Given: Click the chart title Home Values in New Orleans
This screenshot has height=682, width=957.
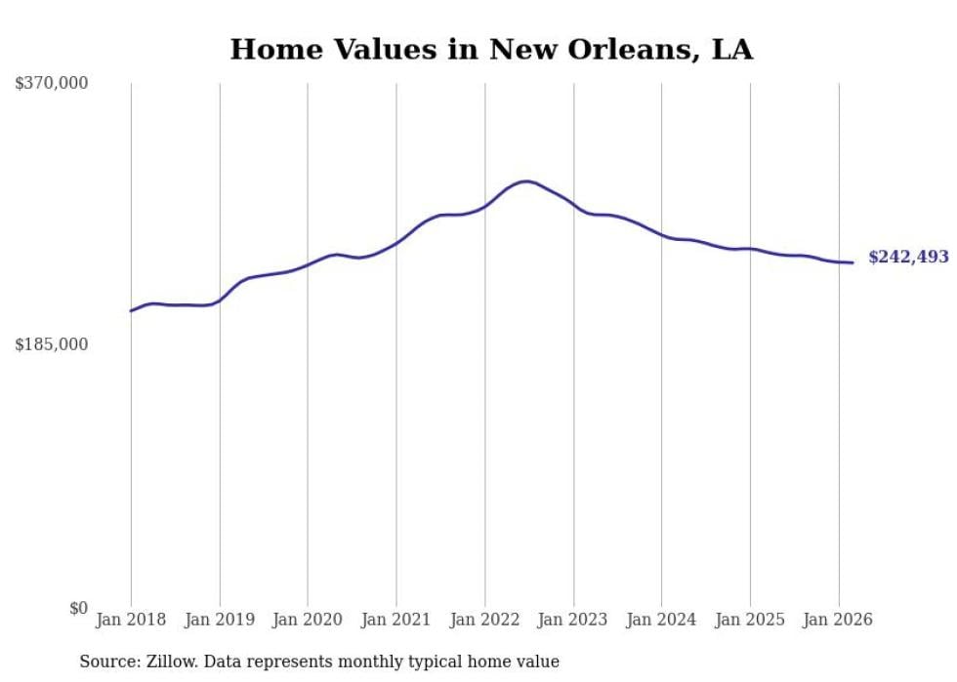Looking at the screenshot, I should click(x=491, y=50).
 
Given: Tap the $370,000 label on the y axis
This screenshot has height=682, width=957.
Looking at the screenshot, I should click(x=52, y=84).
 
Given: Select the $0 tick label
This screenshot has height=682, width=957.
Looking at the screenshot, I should click(x=78, y=608).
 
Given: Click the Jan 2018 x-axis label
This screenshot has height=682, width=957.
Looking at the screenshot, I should click(x=131, y=620).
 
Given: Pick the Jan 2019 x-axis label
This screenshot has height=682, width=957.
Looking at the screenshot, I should click(x=219, y=620).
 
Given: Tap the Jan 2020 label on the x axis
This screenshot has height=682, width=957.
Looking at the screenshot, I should click(x=308, y=620).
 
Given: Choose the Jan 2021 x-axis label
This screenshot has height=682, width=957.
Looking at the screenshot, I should click(x=395, y=620).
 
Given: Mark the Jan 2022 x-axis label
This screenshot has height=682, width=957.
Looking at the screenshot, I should click(x=484, y=620).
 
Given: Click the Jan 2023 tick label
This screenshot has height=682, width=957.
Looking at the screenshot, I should click(x=573, y=620).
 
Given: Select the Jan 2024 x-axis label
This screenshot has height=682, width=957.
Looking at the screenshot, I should click(x=661, y=620).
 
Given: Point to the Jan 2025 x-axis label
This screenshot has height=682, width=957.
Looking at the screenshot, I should click(x=750, y=620).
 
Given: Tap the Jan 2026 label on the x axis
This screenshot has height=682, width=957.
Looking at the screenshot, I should click(x=838, y=620).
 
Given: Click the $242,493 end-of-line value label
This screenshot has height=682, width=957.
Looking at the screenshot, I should click(x=908, y=258).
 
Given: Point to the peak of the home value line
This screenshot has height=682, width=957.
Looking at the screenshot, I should click(x=526, y=181).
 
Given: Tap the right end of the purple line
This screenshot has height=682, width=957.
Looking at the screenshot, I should click(x=853, y=262).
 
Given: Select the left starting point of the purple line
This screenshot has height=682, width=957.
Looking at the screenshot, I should click(x=131, y=310).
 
